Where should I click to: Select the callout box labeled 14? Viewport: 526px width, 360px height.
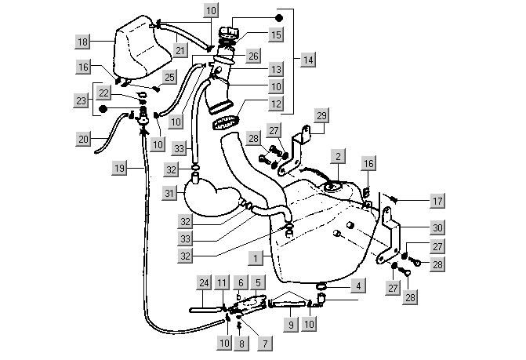(308, 60)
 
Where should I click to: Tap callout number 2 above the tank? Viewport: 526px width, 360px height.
(336, 157)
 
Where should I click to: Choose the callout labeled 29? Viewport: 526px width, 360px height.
(321, 115)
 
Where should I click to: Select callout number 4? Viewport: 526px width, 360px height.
(357, 287)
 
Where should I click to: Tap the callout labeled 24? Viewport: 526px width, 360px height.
(203, 282)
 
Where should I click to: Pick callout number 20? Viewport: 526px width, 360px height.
(84, 139)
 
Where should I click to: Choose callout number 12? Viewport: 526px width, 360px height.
(275, 102)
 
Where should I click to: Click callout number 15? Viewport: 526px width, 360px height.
(275, 35)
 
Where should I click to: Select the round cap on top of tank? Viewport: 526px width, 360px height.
(331, 186)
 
